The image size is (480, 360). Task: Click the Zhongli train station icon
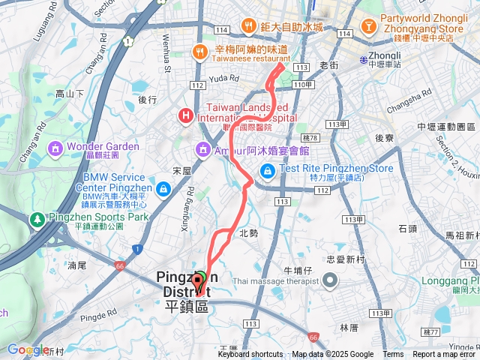(x=363, y=59)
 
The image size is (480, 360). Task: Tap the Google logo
(x=28, y=349)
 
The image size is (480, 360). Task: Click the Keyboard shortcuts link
(x=250, y=355)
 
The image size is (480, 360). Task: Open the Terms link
(x=393, y=355)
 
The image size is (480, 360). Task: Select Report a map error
(x=445, y=355)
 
